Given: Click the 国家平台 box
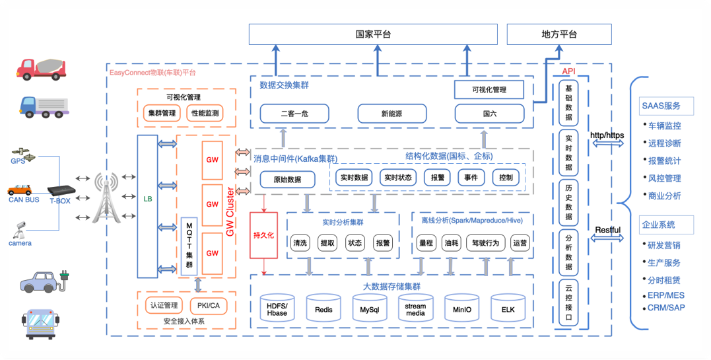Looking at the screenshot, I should point(372,34).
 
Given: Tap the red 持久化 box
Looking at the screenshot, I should point(263,234).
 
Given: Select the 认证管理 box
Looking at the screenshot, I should point(163,305).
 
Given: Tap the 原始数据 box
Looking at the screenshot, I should point(285,179).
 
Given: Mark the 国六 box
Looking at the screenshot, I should point(489,114).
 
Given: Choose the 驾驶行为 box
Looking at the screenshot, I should point(485,242).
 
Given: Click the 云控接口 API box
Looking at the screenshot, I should point(568,303).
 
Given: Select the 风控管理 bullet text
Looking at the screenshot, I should point(665,178).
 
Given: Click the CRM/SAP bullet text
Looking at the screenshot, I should point(665,308).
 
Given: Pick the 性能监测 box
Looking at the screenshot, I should point(205,114).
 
